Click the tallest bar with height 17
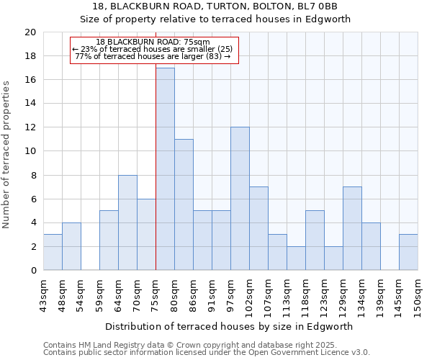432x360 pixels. click(x=165, y=169)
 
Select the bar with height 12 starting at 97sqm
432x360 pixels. click(x=240, y=199)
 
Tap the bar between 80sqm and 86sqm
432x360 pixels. click(x=184, y=204)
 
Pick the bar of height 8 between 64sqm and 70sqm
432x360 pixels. click(x=127, y=222)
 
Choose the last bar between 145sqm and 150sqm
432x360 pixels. click(x=408, y=252)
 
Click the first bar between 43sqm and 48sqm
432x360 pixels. click(x=53, y=252)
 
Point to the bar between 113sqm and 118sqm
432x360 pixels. click(x=296, y=258)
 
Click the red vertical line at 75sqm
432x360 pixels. click(x=156, y=166)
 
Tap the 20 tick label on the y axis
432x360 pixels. click(x=30, y=32)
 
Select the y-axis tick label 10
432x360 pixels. click(x=30, y=151)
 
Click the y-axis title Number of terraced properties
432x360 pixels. click(x=6, y=154)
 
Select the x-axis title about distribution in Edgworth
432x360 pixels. click(x=230, y=326)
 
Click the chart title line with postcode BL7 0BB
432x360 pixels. click(x=215, y=6)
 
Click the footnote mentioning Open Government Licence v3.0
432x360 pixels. click(x=206, y=353)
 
